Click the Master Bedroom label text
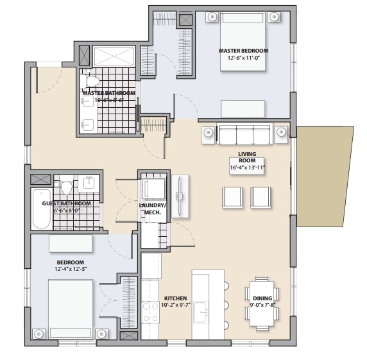[x=243, y=51]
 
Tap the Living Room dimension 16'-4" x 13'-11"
[x=247, y=167]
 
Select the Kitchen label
[x=175, y=298]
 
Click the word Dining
[x=262, y=298]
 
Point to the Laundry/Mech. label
[x=153, y=209]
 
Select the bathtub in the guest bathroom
[x=42, y=209]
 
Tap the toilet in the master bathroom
[x=92, y=81]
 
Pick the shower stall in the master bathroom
[x=114, y=56]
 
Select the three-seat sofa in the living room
[x=244, y=135]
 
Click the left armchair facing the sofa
[x=232, y=196]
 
